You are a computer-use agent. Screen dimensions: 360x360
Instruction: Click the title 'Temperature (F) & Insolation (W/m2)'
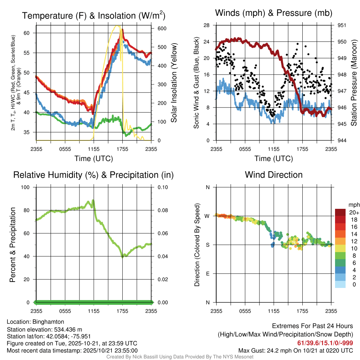[x=94, y=15]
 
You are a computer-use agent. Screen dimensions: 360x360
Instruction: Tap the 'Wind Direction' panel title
[x=274, y=174]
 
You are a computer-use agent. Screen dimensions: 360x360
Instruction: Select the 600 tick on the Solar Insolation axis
[x=157, y=28]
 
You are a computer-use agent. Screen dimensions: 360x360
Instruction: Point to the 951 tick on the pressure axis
[x=342, y=25]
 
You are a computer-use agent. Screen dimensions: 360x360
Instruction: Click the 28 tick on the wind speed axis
[x=207, y=25]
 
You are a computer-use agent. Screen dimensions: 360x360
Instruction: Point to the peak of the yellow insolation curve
[x=118, y=26]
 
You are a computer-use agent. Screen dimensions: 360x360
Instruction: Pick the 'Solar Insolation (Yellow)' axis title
[x=174, y=83]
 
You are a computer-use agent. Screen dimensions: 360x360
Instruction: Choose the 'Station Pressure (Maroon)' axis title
[x=354, y=83]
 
